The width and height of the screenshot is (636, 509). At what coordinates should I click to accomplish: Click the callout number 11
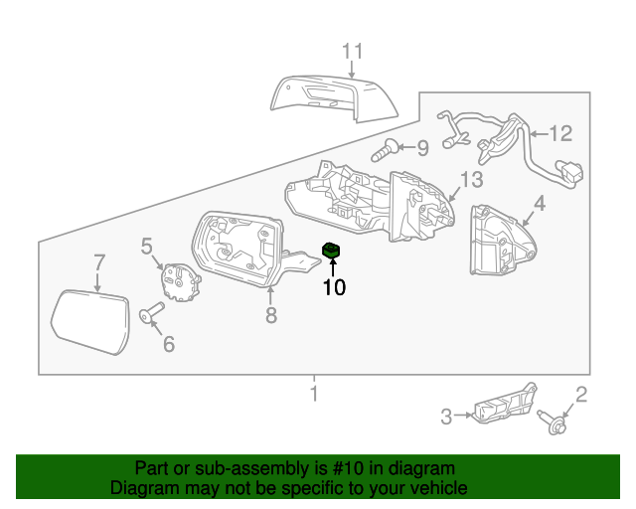[354, 51]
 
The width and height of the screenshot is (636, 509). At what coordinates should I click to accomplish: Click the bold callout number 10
[333, 287]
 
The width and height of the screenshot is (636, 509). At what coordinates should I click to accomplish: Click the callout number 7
[98, 262]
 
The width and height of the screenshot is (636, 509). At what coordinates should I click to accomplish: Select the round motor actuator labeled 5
[180, 279]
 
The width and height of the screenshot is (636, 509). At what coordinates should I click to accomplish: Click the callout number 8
[270, 316]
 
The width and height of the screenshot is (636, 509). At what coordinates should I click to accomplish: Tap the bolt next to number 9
[387, 152]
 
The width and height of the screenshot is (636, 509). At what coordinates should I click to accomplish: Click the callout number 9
[422, 149]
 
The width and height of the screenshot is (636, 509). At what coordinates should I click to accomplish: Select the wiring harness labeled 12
[507, 144]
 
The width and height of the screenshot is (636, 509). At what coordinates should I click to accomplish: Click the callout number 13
[470, 179]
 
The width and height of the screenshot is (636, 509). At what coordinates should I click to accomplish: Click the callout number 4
[540, 205]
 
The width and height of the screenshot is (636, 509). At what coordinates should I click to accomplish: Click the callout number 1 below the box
[314, 396]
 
